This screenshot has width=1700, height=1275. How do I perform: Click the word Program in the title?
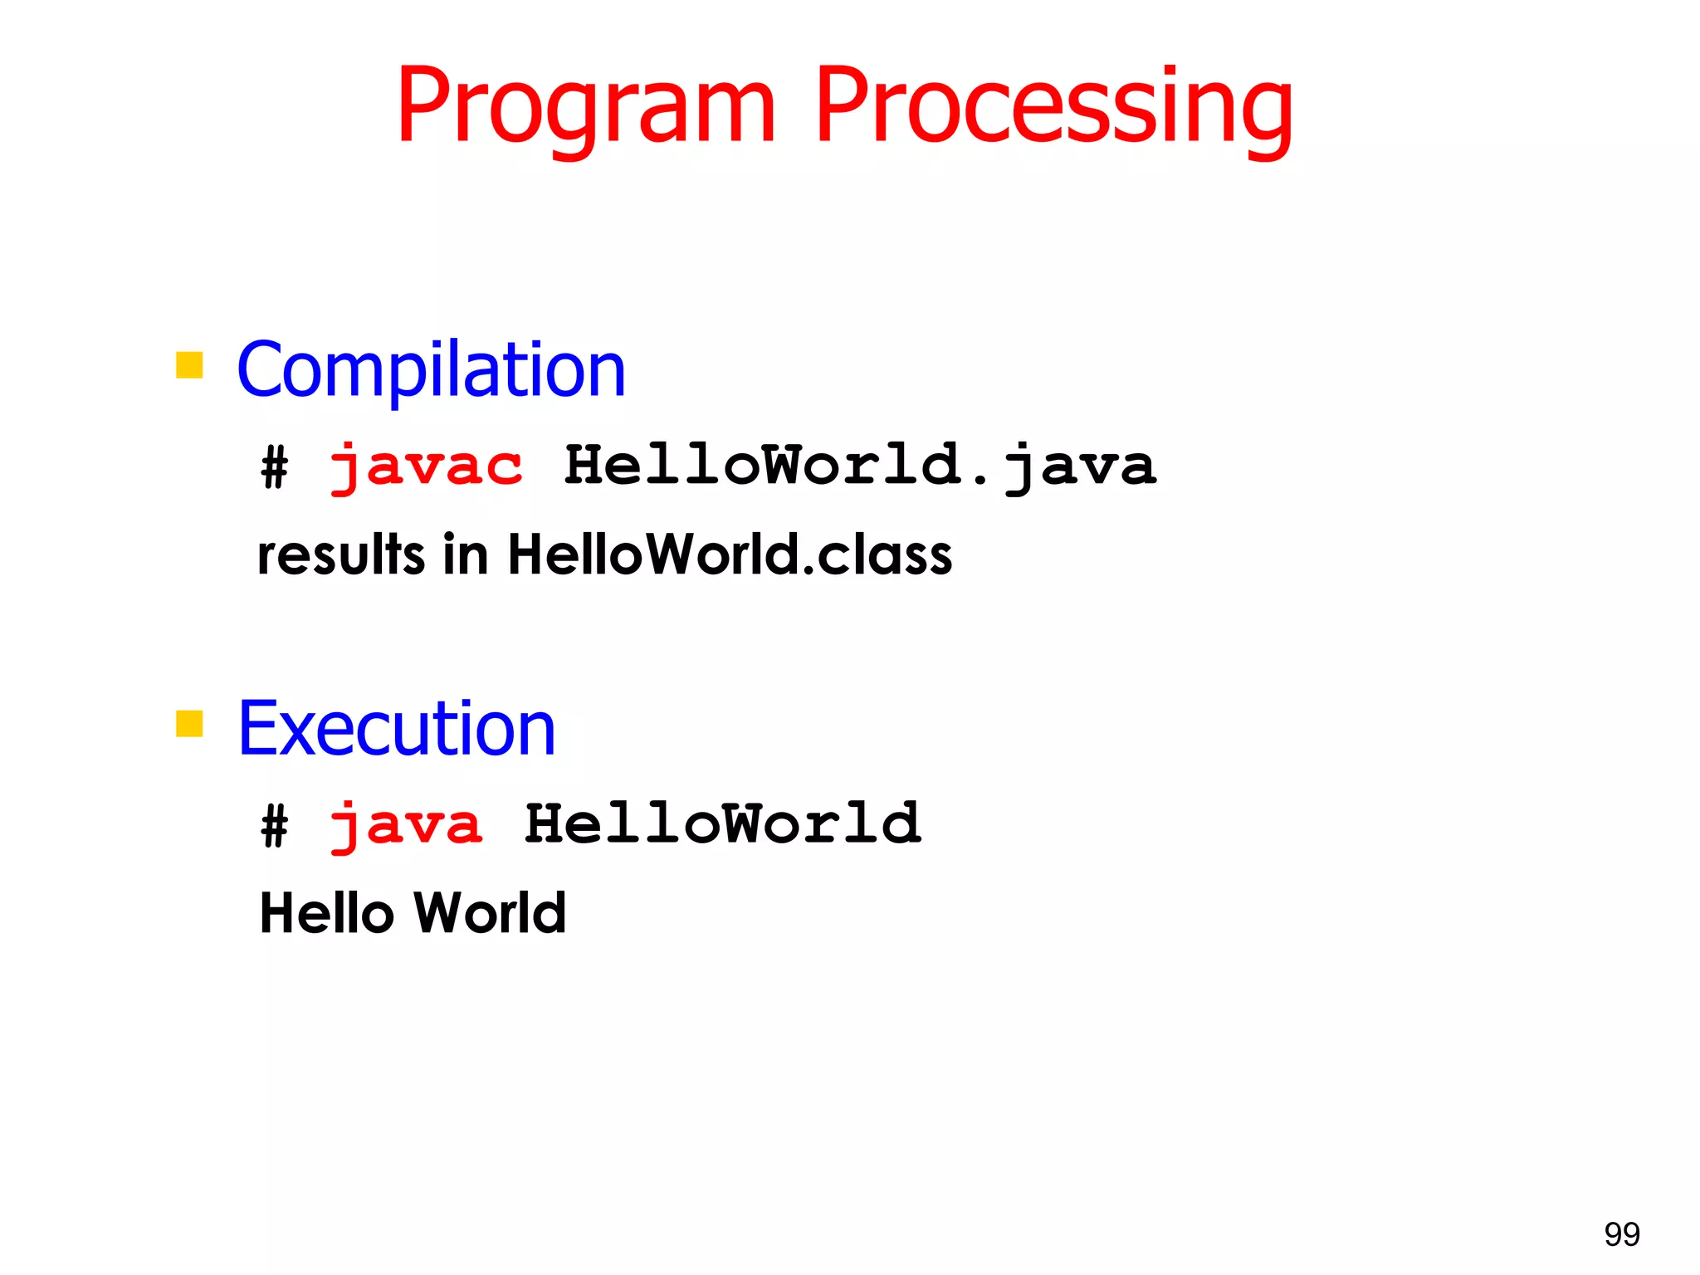pyautogui.click(x=586, y=108)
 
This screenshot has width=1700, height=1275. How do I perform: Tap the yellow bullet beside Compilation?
pyautogui.click(x=189, y=365)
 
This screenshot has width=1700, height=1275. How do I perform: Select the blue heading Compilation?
pyautogui.click(x=431, y=370)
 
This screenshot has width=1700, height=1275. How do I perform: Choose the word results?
pyautogui.click(x=341, y=554)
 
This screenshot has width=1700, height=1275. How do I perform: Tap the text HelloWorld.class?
pyautogui.click(x=730, y=554)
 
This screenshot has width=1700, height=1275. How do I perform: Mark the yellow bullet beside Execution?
pyautogui.click(x=189, y=724)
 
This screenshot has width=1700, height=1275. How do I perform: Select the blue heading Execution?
pyautogui.click(x=396, y=729)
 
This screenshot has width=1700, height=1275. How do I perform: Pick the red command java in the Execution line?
pyautogui.click(x=406, y=825)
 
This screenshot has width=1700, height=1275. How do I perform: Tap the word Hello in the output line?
pyautogui.click(x=326, y=913)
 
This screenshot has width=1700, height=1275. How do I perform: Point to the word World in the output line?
pyautogui.click(x=490, y=913)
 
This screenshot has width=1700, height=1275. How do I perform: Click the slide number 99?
pyautogui.click(x=1621, y=1234)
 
